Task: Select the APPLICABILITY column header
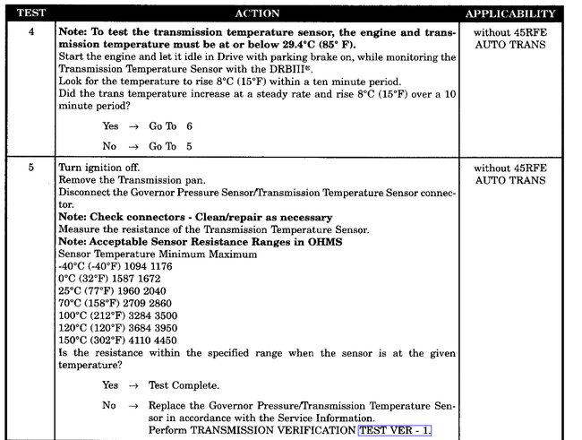[510, 13]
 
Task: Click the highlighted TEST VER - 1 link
[395, 430]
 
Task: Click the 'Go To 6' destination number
[189, 126]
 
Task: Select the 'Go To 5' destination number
[189, 146]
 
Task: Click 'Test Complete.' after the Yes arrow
[184, 385]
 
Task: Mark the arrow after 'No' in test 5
[133, 405]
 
